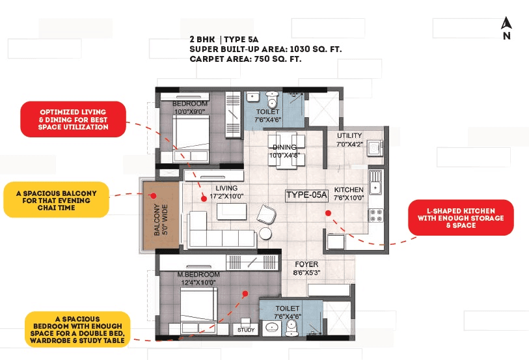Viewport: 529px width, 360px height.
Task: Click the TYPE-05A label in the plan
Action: (306, 195)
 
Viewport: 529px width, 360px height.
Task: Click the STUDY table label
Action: (246, 330)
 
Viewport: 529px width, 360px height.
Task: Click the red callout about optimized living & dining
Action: (72, 119)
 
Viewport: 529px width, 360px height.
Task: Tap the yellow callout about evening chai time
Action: (56, 199)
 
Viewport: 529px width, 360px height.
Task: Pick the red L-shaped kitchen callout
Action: (461, 217)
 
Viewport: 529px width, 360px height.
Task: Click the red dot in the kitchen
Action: (329, 212)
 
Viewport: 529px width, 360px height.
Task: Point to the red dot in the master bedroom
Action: (245, 294)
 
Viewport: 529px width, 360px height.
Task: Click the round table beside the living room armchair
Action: (265, 234)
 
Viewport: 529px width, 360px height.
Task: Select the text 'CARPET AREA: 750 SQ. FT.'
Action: (246, 59)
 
